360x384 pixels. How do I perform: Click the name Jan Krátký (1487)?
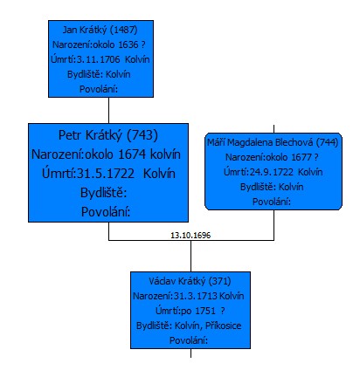[100, 30]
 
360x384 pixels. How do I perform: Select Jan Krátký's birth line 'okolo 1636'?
[99, 45]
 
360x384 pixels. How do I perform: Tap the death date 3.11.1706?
[98, 59]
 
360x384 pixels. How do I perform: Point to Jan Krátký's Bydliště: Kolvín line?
[99, 74]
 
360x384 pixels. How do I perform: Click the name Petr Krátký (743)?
[108, 135]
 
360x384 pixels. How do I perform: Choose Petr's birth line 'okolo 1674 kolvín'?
[106, 154]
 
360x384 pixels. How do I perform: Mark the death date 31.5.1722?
[106, 174]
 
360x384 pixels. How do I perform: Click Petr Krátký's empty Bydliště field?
[104, 193]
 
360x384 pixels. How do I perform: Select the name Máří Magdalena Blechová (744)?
[273, 142]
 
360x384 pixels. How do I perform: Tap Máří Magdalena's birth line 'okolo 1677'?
[272, 157]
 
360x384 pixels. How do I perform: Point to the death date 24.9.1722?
[272, 172]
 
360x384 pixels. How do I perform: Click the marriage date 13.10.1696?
[190, 235]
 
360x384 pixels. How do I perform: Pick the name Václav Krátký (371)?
[190, 281]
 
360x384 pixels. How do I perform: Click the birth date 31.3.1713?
[196, 296]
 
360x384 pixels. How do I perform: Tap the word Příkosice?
[223, 326]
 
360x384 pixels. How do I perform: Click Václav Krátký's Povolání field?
[189, 340]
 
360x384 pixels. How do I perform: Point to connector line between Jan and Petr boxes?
[108, 110]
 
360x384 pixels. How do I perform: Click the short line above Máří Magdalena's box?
[273, 129]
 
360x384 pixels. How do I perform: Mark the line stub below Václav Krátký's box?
[190, 353]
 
